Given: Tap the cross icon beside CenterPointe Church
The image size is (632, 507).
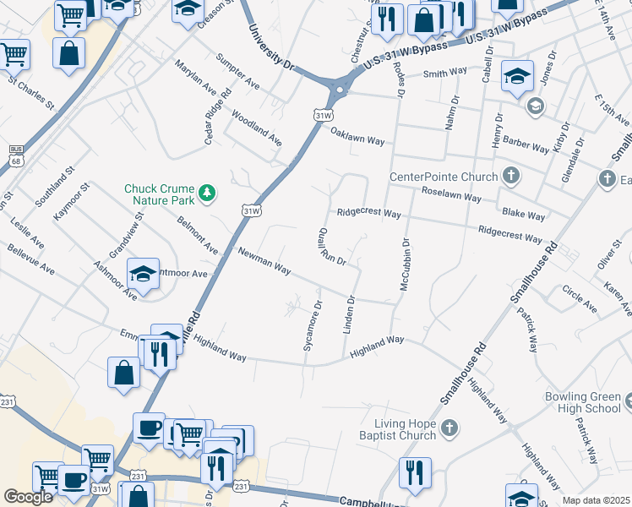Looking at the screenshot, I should [x=509, y=177].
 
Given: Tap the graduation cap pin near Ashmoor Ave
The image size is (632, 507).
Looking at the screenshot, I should [x=143, y=274].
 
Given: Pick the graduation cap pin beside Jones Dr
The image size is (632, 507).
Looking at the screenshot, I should [x=516, y=77].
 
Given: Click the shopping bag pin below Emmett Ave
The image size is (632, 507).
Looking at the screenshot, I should [x=123, y=372].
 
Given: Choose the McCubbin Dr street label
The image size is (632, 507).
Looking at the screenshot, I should [x=405, y=263].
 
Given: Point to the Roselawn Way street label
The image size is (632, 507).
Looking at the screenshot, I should [x=452, y=194].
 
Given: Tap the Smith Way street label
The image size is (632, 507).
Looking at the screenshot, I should [x=445, y=74].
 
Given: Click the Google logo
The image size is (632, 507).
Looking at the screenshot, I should [x=28, y=497].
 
